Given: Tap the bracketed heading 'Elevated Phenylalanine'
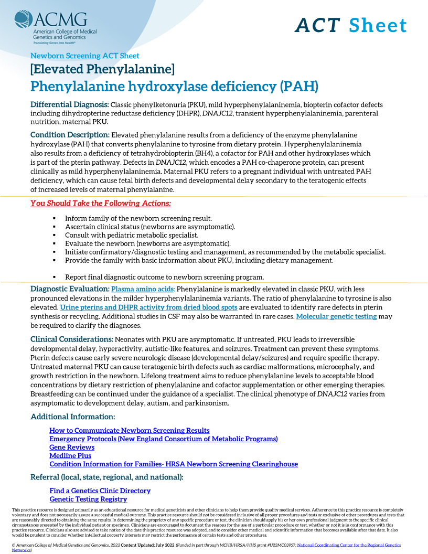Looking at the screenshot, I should [x=102, y=69].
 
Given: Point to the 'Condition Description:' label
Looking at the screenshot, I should [x=70, y=135].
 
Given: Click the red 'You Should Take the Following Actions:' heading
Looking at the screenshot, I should [x=100, y=203].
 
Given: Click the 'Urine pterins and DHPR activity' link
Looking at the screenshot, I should [x=149, y=307].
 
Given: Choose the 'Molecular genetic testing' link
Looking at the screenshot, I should [x=336, y=316].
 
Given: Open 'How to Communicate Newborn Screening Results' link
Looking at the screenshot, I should [x=129, y=430].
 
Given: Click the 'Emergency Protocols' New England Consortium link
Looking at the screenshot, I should [x=163, y=439].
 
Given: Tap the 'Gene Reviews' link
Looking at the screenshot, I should [x=72, y=447].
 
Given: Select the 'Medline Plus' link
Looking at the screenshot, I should [x=70, y=455].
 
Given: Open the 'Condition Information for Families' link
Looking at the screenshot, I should [x=174, y=464].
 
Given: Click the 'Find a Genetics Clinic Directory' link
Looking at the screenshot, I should [x=100, y=491].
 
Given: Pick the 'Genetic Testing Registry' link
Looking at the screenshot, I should [x=88, y=499].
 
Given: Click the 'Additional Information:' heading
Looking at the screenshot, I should [x=72, y=417].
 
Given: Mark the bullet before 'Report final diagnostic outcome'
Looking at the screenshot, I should [x=54, y=276].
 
